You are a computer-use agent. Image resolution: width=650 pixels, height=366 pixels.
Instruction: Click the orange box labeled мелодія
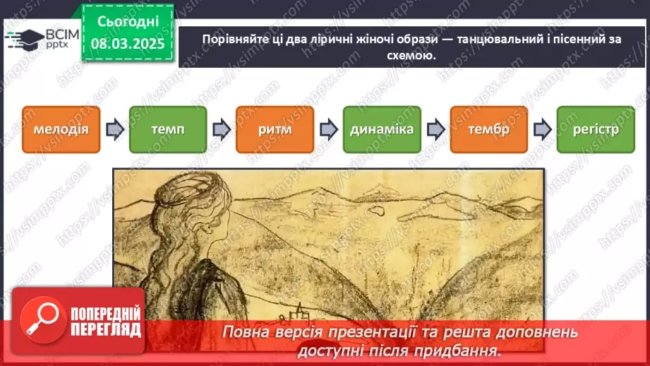[x=60, y=130]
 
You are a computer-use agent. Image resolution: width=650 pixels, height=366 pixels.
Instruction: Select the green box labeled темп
[x=167, y=130]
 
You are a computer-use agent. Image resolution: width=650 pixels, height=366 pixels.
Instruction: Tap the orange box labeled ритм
[x=275, y=130]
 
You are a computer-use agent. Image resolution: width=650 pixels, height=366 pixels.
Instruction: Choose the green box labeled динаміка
[x=382, y=130]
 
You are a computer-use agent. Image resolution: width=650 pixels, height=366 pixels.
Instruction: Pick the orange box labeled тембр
[x=488, y=130]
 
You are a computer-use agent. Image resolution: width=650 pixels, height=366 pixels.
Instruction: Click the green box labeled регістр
[x=596, y=130]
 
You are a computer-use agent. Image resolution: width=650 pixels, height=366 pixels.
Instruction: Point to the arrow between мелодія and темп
[x=114, y=130]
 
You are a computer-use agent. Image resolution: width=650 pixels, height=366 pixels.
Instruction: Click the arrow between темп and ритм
[x=221, y=130]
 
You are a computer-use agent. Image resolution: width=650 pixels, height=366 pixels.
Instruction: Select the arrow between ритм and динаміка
[x=328, y=130]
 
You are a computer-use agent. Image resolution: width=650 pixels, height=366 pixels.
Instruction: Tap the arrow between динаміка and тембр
[x=435, y=130]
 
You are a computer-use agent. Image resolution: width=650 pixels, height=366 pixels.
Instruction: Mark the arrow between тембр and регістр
[x=542, y=130]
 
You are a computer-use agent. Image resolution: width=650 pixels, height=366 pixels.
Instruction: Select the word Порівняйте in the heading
[x=233, y=39]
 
